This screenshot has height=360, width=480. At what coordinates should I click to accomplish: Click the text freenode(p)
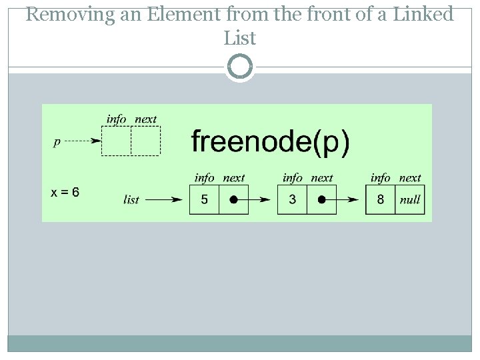click(270, 142)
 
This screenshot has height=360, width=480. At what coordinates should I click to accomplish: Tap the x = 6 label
click(65, 193)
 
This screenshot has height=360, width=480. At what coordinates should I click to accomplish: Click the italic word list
click(131, 199)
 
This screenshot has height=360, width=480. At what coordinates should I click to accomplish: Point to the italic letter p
click(57, 141)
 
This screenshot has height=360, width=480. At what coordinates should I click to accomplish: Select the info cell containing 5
click(204, 199)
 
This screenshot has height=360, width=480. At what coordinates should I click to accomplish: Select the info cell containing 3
click(292, 199)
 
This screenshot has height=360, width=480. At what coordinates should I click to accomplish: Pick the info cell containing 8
click(380, 199)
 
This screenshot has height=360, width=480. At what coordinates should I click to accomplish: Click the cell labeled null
click(410, 199)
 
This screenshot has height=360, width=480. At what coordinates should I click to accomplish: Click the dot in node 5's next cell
click(233, 199)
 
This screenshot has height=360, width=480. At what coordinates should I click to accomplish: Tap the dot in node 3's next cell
click(321, 199)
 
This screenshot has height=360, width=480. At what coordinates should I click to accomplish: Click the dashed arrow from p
click(84, 141)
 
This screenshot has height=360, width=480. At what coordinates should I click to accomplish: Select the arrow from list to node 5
click(164, 199)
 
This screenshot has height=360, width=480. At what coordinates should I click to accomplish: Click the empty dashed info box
click(116, 141)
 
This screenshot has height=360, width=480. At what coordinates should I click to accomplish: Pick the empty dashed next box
click(145, 141)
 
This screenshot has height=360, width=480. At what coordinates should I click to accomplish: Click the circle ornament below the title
click(240, 67)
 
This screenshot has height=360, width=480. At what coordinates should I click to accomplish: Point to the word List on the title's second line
click(240, 39)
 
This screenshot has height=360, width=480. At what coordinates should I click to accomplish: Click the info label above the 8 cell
click(380, 178)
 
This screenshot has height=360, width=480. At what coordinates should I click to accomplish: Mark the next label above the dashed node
click(145, 119)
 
